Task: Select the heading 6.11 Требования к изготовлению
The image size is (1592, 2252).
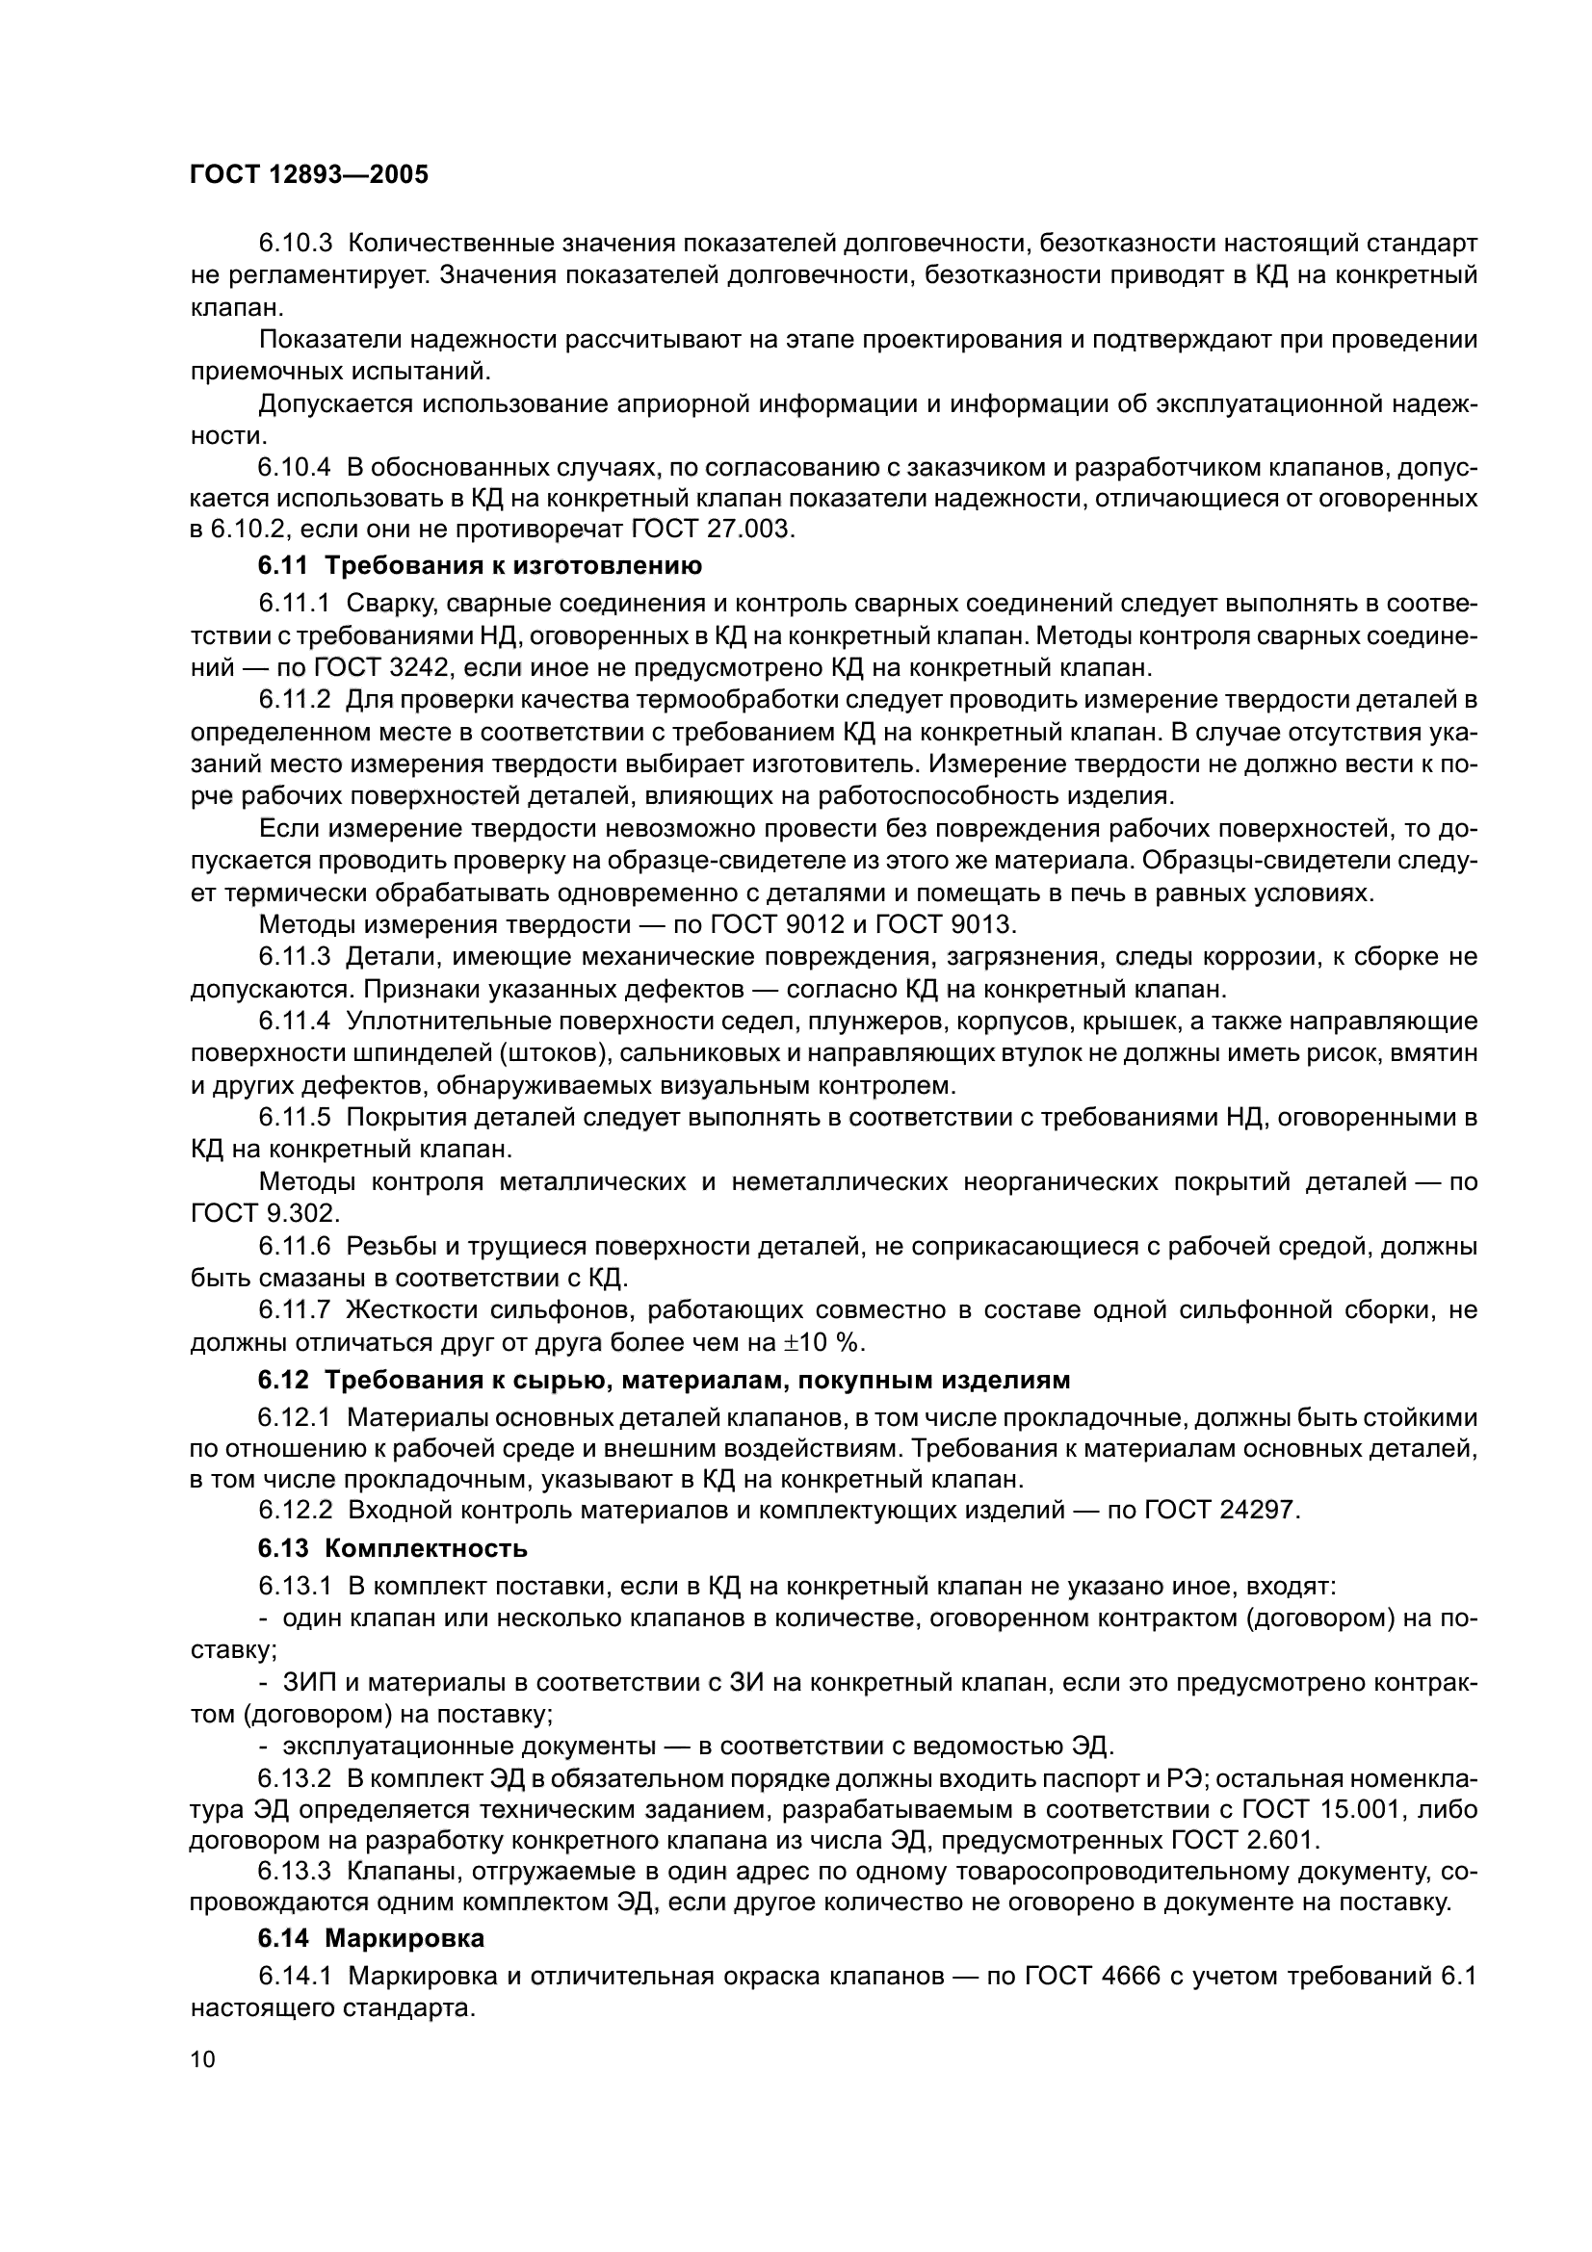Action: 480,566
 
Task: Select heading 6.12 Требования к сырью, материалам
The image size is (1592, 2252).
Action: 665,1380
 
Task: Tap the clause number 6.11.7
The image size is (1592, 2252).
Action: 296,1310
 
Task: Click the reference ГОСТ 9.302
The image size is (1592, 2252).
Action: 264,1213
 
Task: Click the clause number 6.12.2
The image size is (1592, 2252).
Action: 296,1511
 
